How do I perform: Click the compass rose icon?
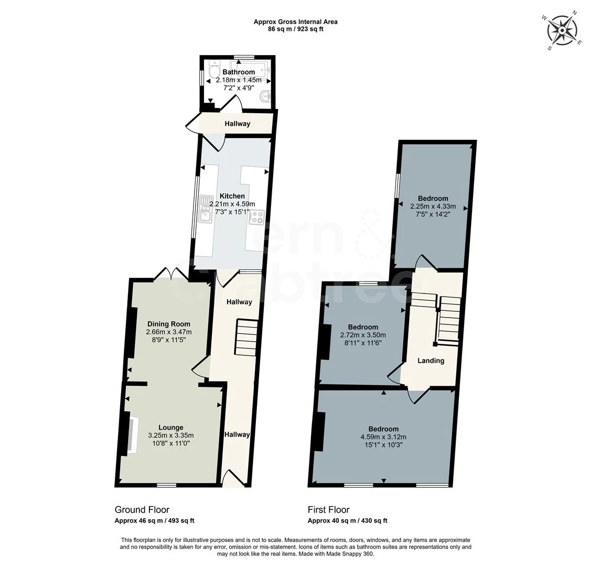(x=562, y=30)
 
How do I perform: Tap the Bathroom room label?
(x=239, y=72)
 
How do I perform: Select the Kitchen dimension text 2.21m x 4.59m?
(x=232, y=204)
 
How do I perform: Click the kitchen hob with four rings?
(x=256, y=216)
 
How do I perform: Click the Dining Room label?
(x=169, y=324)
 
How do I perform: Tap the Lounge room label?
(x=171, y=428)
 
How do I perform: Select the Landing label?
(x=431, y=361)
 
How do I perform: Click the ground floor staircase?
(x=246, y=336)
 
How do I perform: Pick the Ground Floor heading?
(x=142, y=509)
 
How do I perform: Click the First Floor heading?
(x=329, y=509)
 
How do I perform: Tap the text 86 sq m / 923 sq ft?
(x=296, y=29)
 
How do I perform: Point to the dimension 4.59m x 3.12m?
(x=383, y=437)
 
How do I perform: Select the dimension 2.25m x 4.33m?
(x=433, y=206)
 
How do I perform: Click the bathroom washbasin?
(x=265, y=97)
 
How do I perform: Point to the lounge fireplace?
(x=133, y=434)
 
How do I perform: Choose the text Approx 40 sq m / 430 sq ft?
(x=348, y=521)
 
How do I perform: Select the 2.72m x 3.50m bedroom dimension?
(x=363, y=335)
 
